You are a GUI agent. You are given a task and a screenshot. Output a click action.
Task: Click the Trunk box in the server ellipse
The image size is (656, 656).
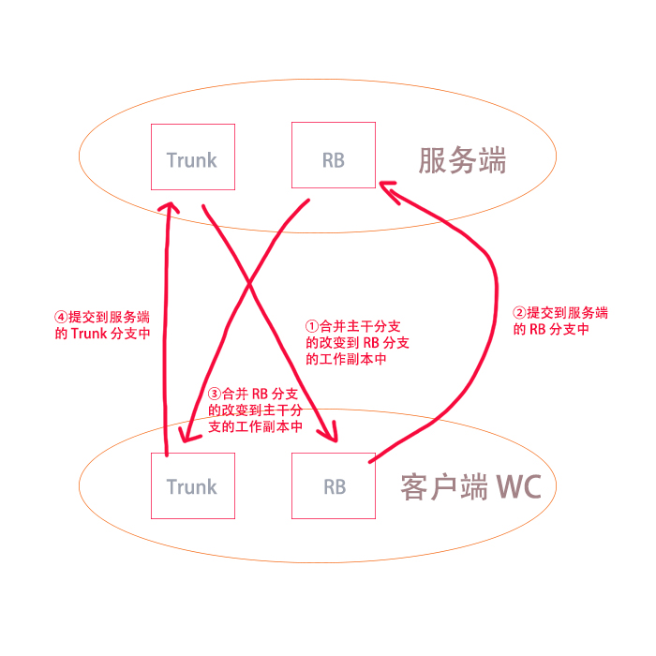click(x=192, y=157)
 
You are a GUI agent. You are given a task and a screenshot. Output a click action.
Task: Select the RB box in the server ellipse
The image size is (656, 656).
click(x=334, y=157)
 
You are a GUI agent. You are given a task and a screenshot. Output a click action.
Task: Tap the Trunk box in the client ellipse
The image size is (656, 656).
click(x=192, y=485)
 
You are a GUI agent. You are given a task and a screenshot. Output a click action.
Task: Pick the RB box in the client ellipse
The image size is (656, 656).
click(x=334, y=485)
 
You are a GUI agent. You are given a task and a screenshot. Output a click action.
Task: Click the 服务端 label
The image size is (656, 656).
click(x=462, y=161)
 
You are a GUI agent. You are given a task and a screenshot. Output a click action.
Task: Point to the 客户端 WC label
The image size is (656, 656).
click(x=477, y=487)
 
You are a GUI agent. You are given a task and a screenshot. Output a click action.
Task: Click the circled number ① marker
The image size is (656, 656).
click(x=314, y=327)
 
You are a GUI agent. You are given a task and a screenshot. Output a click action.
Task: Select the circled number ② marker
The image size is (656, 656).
click(x=520, y=313)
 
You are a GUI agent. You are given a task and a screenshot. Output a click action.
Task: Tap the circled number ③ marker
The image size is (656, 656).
click(x=215, y=394)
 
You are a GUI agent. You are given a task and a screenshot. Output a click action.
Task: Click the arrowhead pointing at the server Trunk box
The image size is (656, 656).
click(x=168, y=206)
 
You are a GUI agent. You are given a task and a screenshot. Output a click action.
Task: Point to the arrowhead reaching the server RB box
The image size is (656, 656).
click(x=386, y=188)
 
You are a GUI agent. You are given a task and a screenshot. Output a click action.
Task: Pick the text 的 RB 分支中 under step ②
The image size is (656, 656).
click(x=551, y=330)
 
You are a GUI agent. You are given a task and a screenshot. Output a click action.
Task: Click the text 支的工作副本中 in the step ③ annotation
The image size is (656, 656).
click(x=255, y=426)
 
